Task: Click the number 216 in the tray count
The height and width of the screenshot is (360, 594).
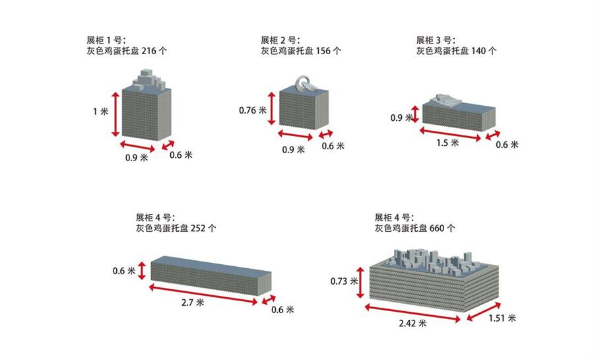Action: point(148,51)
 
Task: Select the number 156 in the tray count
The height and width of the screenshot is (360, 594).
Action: point(323,51)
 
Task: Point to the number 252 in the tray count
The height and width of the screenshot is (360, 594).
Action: point(198,228)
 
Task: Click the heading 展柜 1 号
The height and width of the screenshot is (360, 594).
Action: point(106,40)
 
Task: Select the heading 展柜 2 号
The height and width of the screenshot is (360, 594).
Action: point(280,40)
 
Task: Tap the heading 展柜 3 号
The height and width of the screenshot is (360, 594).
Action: point(436,40)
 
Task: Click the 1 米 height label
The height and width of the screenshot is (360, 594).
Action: point(101,112)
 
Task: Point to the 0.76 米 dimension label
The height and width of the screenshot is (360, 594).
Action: point(253,110)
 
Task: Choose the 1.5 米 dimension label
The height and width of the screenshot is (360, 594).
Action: point(447,143)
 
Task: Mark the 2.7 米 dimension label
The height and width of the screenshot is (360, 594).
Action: point(193,303)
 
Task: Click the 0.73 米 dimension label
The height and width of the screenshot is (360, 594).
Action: point(344,281)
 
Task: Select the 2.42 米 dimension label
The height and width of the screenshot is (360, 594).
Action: point(412,323)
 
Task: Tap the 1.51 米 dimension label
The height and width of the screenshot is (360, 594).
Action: point(502,318)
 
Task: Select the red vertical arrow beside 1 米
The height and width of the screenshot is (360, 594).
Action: point(115,114)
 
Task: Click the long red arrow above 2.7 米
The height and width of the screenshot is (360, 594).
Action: point(203,295)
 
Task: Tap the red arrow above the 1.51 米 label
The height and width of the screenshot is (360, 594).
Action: point(484,312)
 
